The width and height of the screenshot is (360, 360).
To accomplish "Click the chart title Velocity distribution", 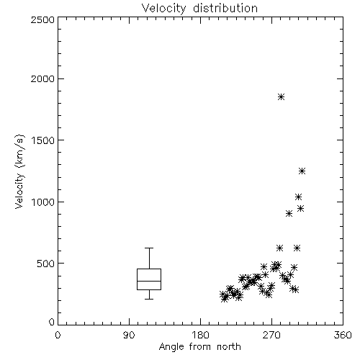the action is click(x=199, y=8).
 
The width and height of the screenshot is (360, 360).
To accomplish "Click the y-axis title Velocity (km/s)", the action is click(x=19, y=172).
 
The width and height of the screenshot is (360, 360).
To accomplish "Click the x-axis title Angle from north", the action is click(x=199, y=347).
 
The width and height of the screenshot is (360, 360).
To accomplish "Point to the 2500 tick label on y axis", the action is click(x=42, y=19).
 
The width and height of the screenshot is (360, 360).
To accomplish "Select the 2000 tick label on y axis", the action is click(x=42, y=78).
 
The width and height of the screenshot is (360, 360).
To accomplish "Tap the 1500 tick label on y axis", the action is click(x=43, y=140).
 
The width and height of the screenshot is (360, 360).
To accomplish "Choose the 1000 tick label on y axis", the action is click(x=43, y=202).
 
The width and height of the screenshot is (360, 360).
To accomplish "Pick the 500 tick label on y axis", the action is click(x=46, y=264).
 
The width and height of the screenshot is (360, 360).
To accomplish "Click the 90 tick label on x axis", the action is click(x=129, y=335).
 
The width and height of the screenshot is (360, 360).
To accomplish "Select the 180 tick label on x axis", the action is click(x=200, y=335).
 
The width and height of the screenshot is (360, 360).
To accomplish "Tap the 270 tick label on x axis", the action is click(x=271, y=335).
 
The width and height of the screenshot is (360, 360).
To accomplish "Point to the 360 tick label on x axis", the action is click(x=343, y=335).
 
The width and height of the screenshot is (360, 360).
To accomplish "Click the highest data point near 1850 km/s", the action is click(x=281, y=97).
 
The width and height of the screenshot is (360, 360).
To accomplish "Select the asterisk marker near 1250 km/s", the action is click(x=302, y=171).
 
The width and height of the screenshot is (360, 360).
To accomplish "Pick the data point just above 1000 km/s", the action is click(x=298, y=197).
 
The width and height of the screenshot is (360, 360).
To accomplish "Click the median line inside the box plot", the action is click(x=149, y=281).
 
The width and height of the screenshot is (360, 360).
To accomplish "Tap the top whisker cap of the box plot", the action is click(x=149, y=248).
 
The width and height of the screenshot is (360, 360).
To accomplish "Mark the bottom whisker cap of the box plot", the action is click(x=149, y=299).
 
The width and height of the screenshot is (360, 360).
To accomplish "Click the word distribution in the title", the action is click(x=225, y=8).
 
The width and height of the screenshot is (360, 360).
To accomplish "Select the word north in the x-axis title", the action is click(x=229, y=347).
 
